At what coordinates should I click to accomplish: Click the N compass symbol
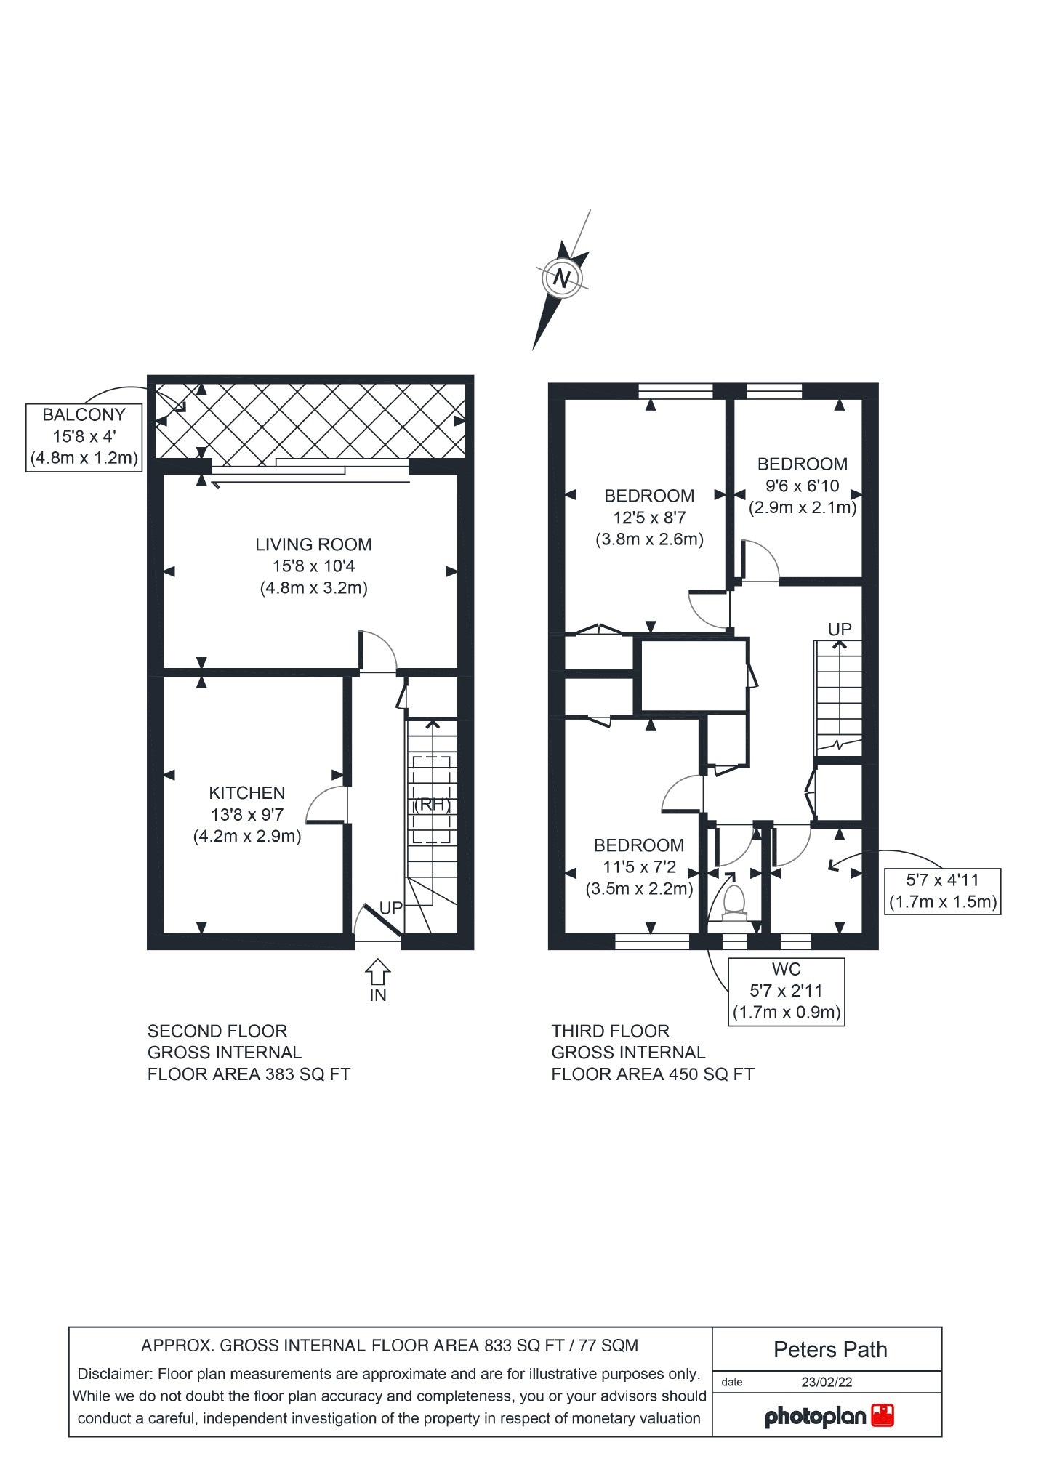[561, 278]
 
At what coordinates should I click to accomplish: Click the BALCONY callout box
[84, 437]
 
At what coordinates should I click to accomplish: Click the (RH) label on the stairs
[432, 805]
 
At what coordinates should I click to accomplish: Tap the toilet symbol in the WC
[734, 900]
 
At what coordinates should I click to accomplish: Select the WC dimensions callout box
[786, 991]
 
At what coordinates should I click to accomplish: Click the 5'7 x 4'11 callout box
[942, 891]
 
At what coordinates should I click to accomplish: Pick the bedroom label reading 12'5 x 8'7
[649, 518]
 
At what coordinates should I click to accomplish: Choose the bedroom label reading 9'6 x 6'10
[803, 486]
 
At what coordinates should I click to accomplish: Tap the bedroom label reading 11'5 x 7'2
[639, 866]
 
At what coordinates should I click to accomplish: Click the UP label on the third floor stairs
[840, 630]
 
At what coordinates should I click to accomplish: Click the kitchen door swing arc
[325, 803]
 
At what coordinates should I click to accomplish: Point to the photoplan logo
[829, 1416]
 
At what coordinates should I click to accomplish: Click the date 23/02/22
[827, 1382]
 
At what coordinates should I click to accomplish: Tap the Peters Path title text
[830, 1350]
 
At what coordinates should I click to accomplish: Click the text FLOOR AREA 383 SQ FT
[249, 1074]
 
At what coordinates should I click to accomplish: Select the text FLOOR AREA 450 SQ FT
[653, 1074]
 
